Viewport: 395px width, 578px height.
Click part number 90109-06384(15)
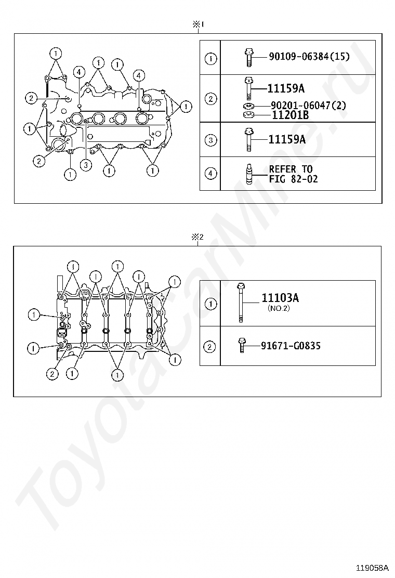[x=309, y=57]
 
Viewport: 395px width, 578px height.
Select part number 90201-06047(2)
[x=308, y=106]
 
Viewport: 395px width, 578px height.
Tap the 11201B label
[x=290, y=115]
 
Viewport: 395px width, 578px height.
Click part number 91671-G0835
[x=291, y=346]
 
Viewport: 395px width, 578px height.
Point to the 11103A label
[x=280, y=298]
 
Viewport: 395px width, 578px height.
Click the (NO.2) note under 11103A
[x=279, y=308]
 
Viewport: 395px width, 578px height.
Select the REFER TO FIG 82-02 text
[x=293, y=174]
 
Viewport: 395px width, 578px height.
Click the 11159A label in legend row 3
[x=287, y=139]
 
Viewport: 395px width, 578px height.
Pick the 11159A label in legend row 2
[x=286, y=88]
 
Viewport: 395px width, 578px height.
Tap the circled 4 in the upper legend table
[x=210, y=173]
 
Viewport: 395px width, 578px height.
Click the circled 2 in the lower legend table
[x=209, y=347]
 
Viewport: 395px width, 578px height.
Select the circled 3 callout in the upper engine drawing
[x=86, y=165]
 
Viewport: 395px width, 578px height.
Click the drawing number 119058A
[x=372, y=567]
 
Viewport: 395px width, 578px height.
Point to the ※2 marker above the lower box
[x=197, y=237]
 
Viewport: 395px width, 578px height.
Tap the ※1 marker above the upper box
[x=198, y=25]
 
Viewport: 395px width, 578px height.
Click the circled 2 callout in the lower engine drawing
[x=52, y=374]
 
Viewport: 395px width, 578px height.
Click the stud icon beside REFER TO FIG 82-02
[x=249, y=173]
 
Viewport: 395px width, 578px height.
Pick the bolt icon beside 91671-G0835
[x=242, y=346]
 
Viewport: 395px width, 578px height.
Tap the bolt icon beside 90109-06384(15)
[x=248, y=58]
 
